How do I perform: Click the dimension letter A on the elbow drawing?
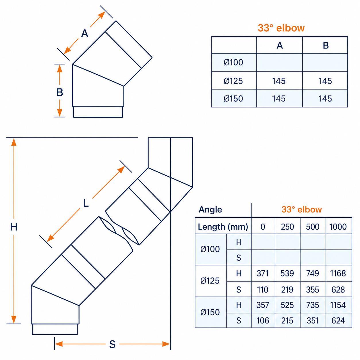(85, 34)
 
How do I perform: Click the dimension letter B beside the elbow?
(60, 92)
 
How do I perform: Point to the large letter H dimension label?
(14, 227)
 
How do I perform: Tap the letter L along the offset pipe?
(86, 203)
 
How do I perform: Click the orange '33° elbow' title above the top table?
(281, 28)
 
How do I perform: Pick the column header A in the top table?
(280, 45)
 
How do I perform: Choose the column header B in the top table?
(326, 45)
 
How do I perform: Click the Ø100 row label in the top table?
(233, 62)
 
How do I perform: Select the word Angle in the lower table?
(210, 209)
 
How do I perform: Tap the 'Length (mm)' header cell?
(223, 227)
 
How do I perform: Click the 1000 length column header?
(338, 227)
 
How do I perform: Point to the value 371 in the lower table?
(263, 274)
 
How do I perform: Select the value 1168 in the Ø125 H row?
(338, 274)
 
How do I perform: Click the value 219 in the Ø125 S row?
(287, 290)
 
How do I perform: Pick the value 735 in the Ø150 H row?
(313, 305)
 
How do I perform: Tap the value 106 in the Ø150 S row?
(263, 321)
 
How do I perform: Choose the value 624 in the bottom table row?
(338, 321)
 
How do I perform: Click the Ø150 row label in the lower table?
(210, 312)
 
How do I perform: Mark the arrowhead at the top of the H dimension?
(14, 142)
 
